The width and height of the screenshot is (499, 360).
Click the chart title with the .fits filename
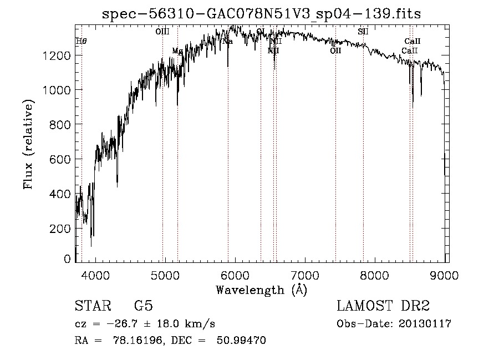coord(262,14)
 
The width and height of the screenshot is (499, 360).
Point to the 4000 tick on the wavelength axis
coord(95,275)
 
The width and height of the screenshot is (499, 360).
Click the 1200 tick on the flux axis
coord(58,55)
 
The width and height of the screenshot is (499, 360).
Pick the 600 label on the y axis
coord(61,160)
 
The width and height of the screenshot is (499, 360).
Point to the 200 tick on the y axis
coord(61,229)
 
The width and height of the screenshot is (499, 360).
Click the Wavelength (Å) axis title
coord(261,290)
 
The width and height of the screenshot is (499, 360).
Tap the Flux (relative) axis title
coord(28,144)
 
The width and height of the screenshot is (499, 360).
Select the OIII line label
coord(162,32)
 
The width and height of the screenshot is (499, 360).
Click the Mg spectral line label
coord(177,51)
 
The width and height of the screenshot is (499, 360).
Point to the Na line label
coord(227,42)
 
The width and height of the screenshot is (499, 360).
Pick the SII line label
coord(363,32)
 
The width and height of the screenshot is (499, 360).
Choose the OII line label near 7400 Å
coord(335,51)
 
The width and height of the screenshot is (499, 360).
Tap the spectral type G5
coord(143,307)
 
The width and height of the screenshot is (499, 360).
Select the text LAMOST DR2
coord(383,307)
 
